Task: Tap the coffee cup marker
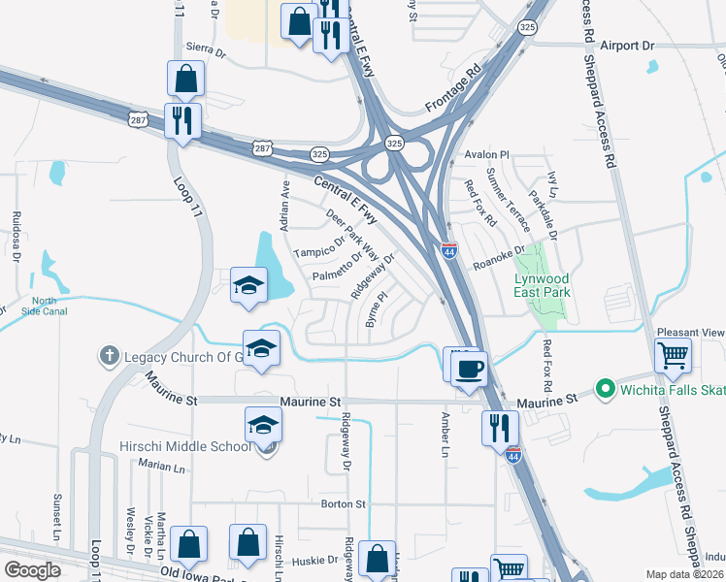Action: click(x=469, y=368)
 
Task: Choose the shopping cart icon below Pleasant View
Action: click(x=673, y=356)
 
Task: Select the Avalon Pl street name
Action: click(x=487, y=154)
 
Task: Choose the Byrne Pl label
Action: click(x=375, y=311)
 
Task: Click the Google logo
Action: click(x=33, y=569)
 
